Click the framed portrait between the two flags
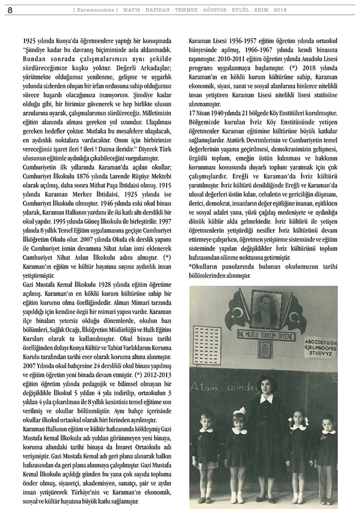tap(264, 310)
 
